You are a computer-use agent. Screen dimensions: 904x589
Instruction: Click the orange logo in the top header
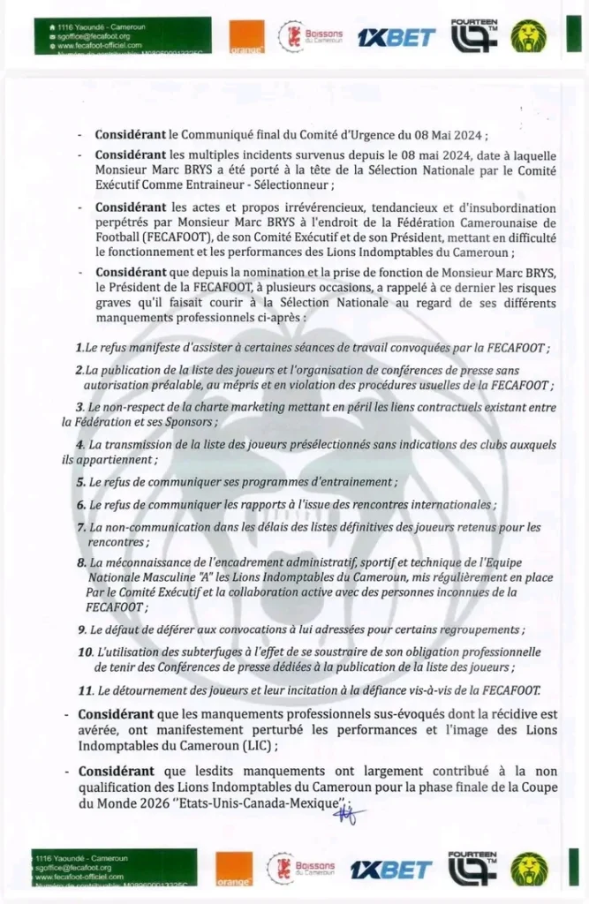[x=246, y=37]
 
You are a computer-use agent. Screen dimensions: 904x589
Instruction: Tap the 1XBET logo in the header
[x=396, y=37]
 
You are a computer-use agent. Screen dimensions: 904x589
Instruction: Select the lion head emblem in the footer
[x=528, y=870]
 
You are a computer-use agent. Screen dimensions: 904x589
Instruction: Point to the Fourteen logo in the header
[x=474, y=35]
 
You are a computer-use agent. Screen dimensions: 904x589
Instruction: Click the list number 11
[x=86, y=689]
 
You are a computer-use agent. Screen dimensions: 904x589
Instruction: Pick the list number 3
[x=80, y=408]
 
